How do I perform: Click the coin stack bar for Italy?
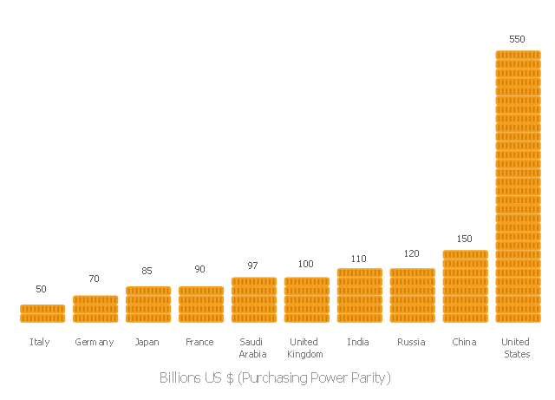tap(42, 313)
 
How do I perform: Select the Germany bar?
tap(95, 309)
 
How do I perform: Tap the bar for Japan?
tap(148, 305)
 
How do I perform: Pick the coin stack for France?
tap(201, 305)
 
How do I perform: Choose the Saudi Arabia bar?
tap(254, 300)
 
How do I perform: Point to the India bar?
tap(360, 296)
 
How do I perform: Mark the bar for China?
tap(466, 286)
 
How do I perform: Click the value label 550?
tap(517, 39)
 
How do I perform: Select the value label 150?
tap(465, 239)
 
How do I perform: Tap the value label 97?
tap(253, 266)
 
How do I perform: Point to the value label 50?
tap(42, 289)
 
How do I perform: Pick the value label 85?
tap(147, 270)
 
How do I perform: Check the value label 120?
tap(411, 253)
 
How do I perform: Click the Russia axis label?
tap(411, 342)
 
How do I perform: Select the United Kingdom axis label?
tap(304, 348)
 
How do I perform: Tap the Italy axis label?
tap(40, 342)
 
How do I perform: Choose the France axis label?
tap(199, 342)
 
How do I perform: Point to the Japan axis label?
tap(147, 342)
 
